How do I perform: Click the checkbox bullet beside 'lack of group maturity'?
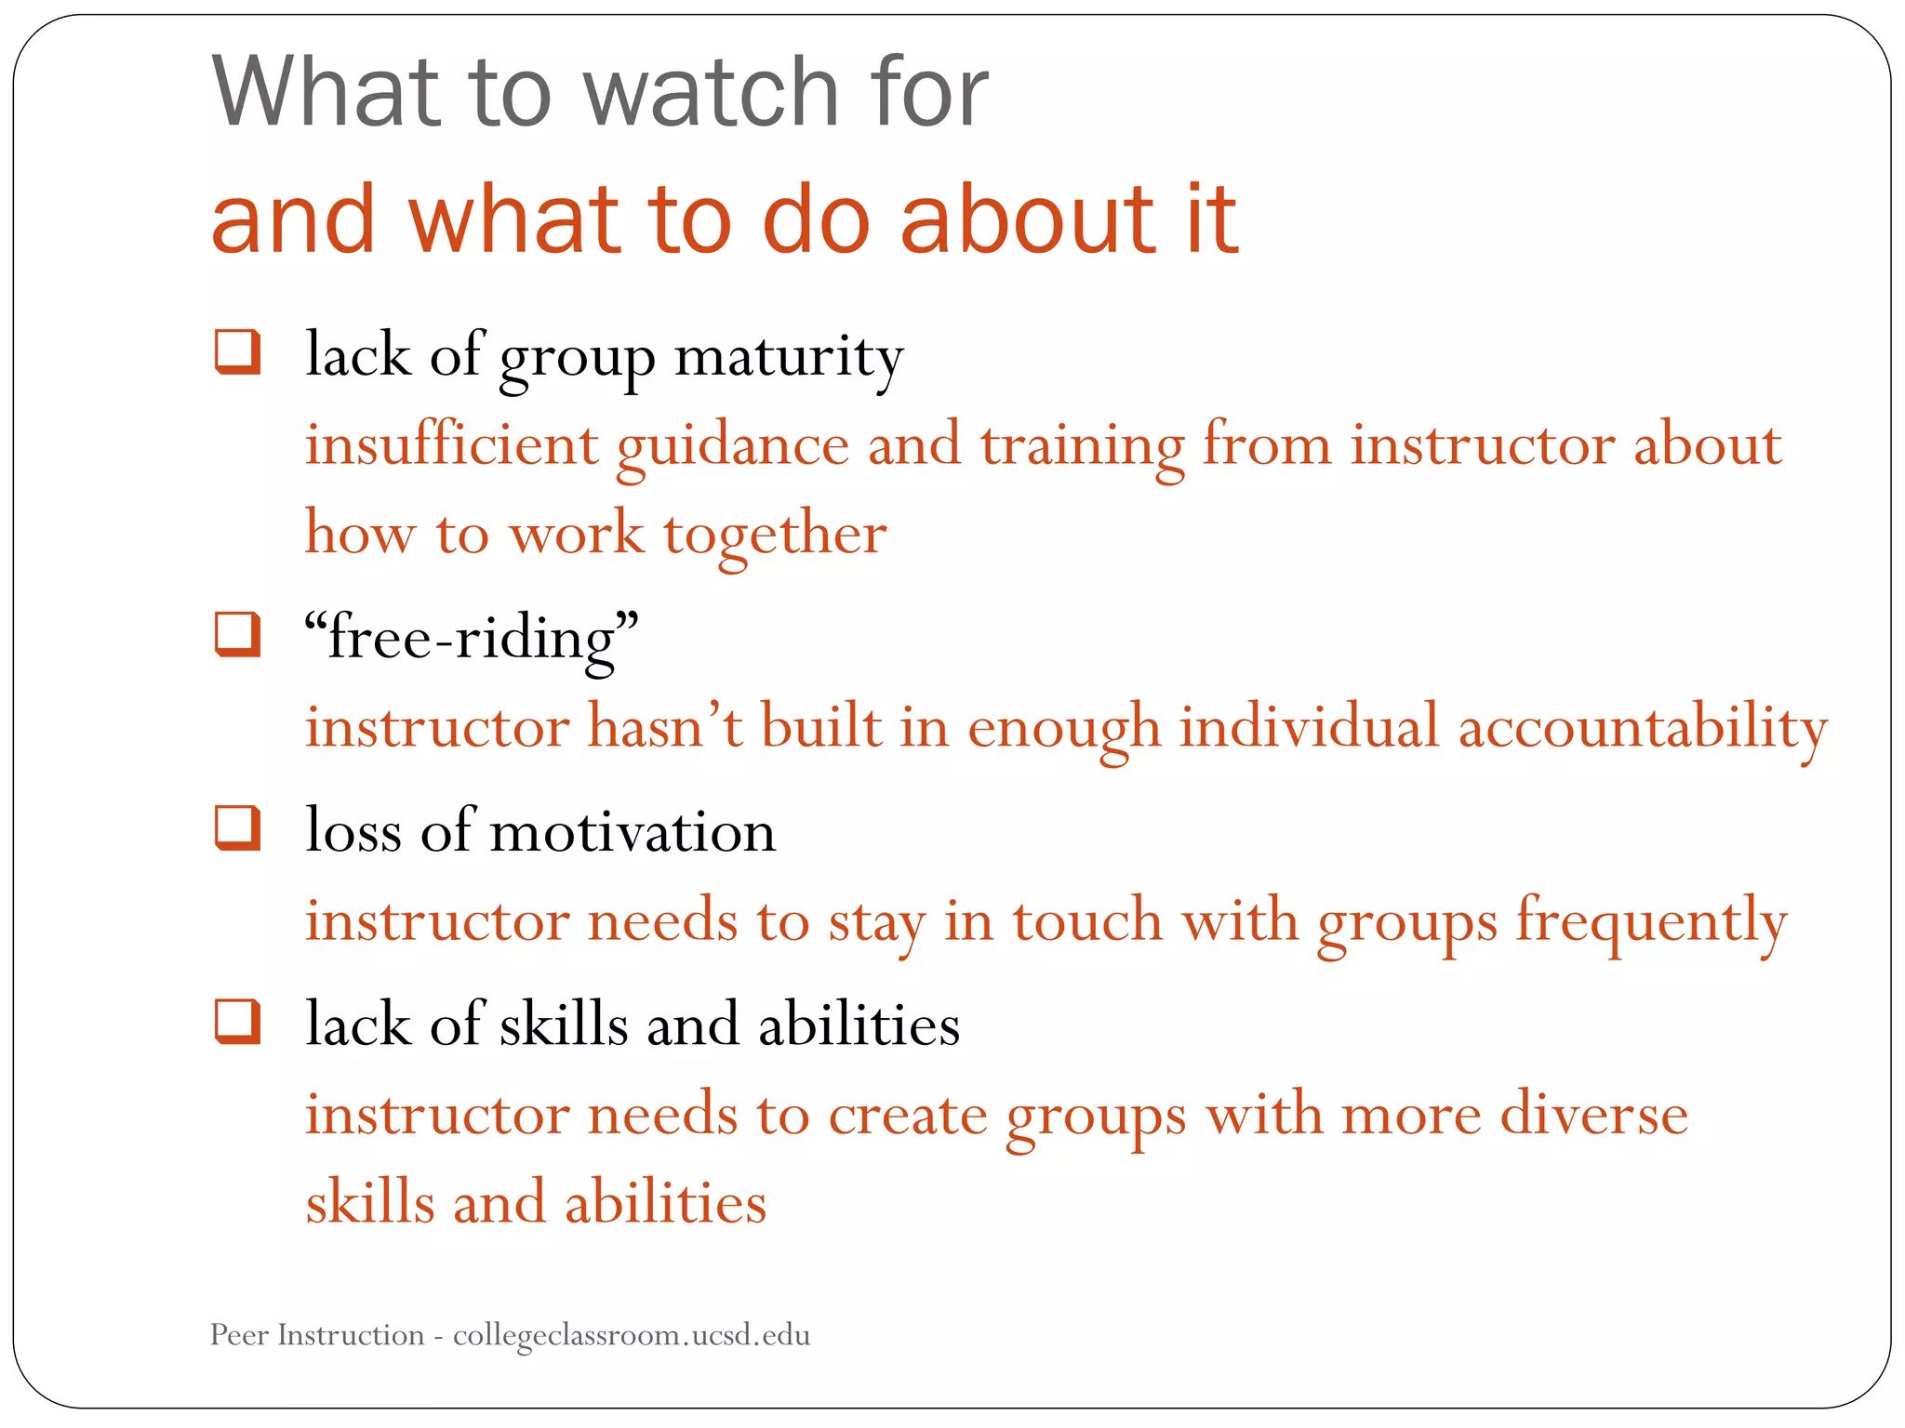[x=237, y=352]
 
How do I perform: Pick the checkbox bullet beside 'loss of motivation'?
[x=237, y=827]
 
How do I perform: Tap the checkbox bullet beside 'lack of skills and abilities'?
[x=237, y=1021]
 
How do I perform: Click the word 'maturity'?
[x=789, y=357]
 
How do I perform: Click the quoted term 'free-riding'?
[x=472, y=640]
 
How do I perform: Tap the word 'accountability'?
[x=1642, y=728]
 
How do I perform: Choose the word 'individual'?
[x=1309, y=728]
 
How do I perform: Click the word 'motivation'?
[x=633, y=831]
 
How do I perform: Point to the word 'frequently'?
[x=1651, y=923]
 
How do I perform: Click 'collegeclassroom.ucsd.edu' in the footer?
[x=632, y=1336]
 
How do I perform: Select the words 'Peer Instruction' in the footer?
[x=317, y=1335]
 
